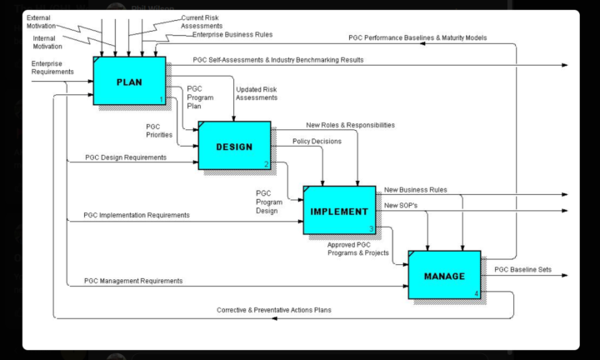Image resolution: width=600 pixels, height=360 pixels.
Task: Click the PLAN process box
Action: pyautogui.click(x=129, y=82)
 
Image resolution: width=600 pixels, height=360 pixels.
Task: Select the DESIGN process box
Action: pyautogui.click(x=234, y=146)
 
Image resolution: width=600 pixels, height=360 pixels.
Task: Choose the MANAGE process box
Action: pyautogui.click(x=444, y=275)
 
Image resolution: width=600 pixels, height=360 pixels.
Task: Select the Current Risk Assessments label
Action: pyautogui.click(x=204, y=21)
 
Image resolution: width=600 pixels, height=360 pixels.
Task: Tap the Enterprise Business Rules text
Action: pyautogui.click(x=232, y=35)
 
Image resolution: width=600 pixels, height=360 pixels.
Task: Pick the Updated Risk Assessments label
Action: pyautogui.click(x=257, y=93)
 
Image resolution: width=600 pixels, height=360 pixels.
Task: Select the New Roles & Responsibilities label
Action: pyautogui.click(x=350, y=125)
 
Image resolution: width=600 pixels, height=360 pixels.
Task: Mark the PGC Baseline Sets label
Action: pyautogui.click(x=522, y=269)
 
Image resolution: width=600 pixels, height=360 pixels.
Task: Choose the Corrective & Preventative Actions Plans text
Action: pyautogui.click(x=274, y=310)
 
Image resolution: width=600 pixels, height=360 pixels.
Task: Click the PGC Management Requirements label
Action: pyautogui.click(x=133, y=281)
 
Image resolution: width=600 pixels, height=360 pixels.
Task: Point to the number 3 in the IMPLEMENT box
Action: pyautogui.click(x=371, y=228)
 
